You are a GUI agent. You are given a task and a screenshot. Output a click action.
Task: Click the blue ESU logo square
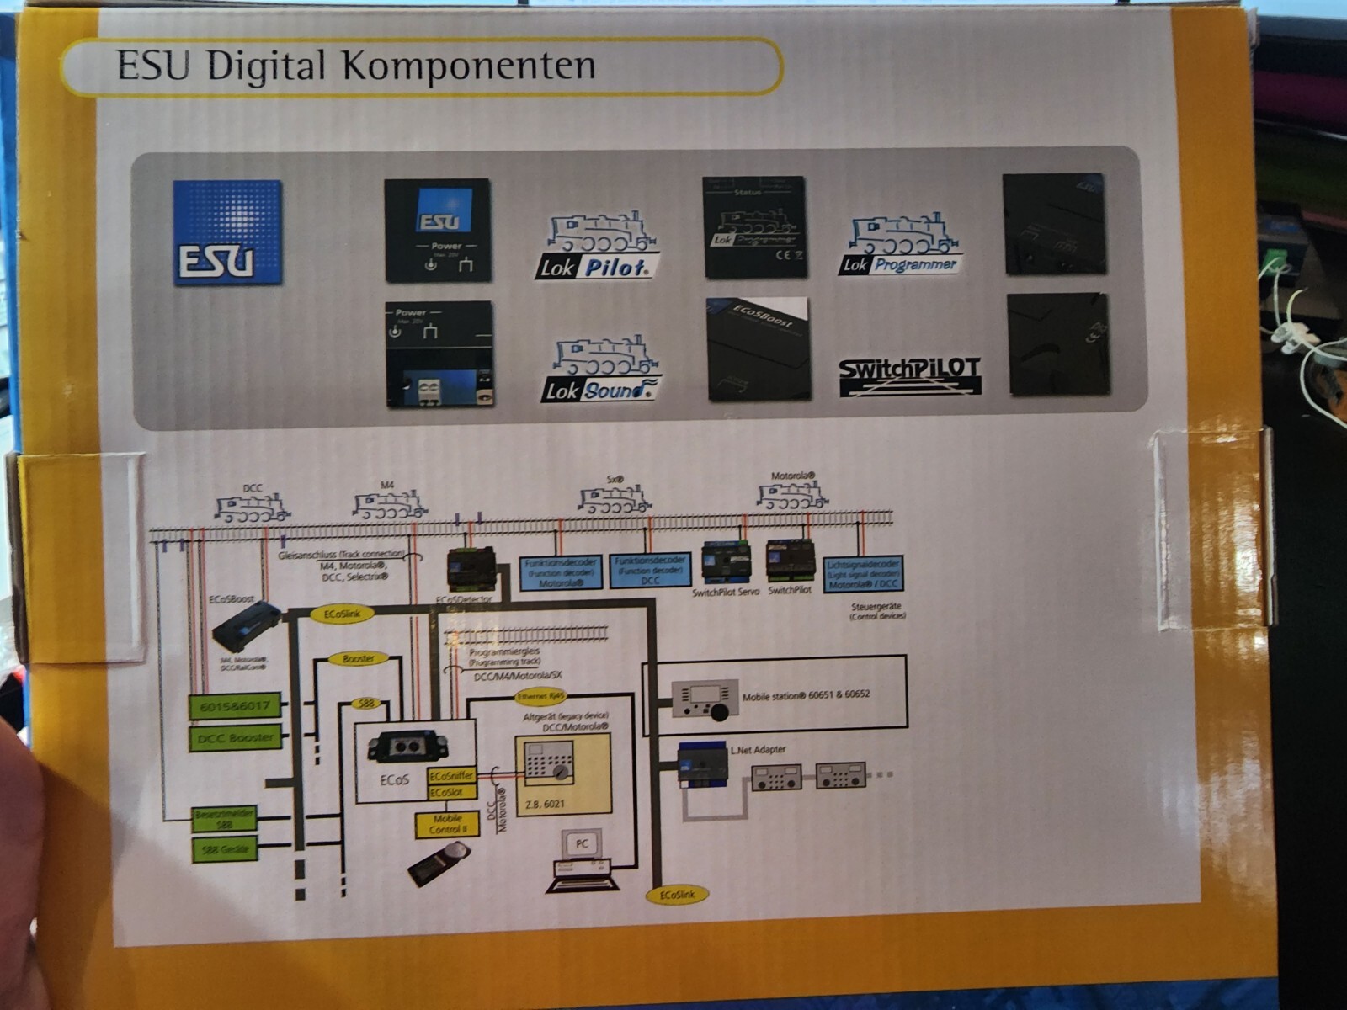[x=227, y=233]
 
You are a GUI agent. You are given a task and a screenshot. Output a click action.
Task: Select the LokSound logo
[x=600, y=370]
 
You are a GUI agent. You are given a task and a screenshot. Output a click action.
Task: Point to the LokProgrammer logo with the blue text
[x=901, y=246]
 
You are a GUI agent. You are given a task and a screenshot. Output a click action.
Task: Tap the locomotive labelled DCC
[x=252, y=508]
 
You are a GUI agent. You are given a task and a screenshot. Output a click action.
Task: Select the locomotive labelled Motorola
[x=791, y=496]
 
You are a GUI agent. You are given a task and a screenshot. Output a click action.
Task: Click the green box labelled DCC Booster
[x=235, y=738]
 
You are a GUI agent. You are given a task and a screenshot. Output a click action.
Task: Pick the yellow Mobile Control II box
[x=447, y=824]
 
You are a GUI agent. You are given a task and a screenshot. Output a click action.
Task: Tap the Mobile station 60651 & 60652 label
[x=806, y=695]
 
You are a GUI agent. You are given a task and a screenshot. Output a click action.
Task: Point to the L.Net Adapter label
[x=758, y=749]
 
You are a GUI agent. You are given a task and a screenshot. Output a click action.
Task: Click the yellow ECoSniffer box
[x=451, y=776]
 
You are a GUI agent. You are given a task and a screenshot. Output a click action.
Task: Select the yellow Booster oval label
[x=359, y=658]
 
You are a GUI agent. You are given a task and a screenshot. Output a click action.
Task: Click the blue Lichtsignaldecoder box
[x=863, y=574]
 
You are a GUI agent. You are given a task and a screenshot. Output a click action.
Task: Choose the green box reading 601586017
[x=235, y=706]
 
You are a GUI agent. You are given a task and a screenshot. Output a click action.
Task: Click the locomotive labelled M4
[x=389, y=505]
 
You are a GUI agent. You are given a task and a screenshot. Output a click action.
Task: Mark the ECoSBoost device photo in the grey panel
[x=758, y=348]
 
